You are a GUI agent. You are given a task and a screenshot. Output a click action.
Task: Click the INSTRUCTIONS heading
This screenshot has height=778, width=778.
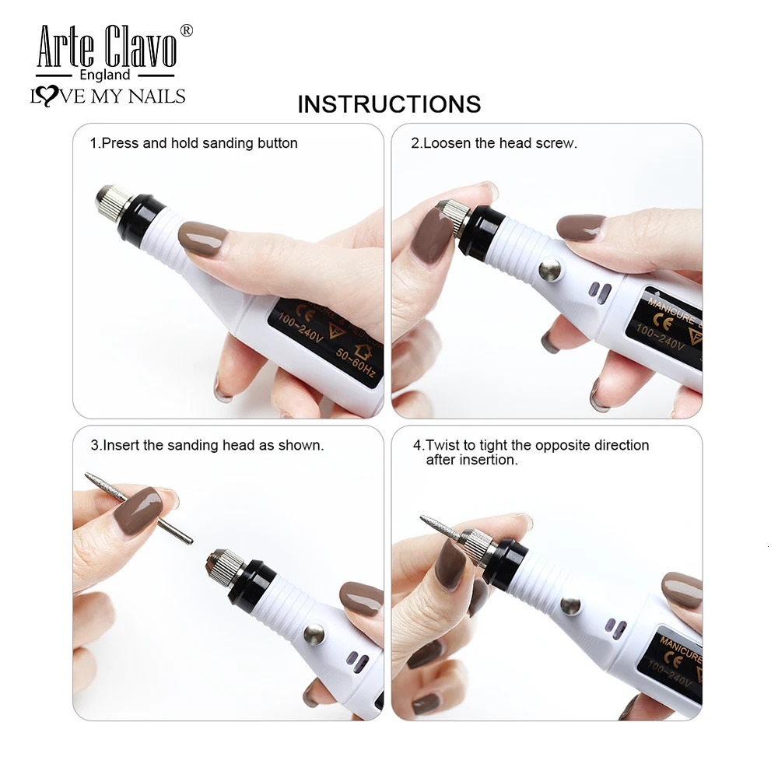tap(389, 104)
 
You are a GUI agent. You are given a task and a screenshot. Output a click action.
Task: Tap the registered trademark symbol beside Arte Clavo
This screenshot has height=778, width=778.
tap(186, 30)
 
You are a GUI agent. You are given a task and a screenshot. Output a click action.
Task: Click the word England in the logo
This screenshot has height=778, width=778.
tap(105, 75)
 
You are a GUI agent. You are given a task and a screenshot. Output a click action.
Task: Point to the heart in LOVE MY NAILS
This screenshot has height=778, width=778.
tap(48, 96)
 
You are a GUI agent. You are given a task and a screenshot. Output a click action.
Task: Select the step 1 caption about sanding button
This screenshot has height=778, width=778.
tap(194, 143)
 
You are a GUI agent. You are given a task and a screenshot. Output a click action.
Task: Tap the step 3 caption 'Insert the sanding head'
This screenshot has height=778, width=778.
tap(207, 445)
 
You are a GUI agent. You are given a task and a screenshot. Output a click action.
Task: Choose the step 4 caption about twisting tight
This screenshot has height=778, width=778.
tap(531, 452)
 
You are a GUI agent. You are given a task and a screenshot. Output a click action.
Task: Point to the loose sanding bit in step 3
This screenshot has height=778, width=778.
tap(138, 508)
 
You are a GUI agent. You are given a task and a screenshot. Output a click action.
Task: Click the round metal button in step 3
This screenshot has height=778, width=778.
tap(314, 635)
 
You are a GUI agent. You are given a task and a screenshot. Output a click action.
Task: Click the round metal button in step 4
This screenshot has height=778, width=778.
tap(570, 606)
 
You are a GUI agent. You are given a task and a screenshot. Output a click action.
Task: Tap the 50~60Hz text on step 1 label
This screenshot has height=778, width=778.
tap(356, 363)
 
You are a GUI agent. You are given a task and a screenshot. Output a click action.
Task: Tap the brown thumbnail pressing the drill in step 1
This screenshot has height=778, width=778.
tap(202, 239)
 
